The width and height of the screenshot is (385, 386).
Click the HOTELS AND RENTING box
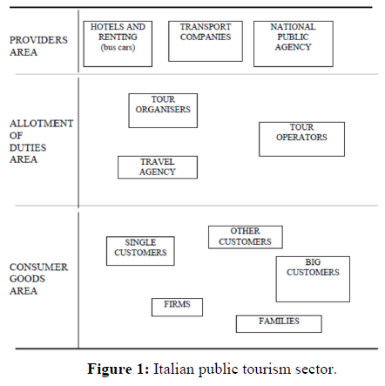click(x=118, y=44)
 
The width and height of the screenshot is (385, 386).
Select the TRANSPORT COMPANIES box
click(x=206, y=41)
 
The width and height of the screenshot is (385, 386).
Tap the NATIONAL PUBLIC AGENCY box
click(x=294, y=44)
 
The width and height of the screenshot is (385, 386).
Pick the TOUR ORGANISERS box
click(x=163, y=111)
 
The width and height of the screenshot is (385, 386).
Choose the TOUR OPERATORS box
click(x=301, y=139)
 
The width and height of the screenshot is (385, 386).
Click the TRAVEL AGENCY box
click(x=158, y=167)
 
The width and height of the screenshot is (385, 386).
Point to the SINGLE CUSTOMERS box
click(x=140, y=251)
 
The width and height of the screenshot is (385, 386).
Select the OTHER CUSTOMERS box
click(x=246, y=237)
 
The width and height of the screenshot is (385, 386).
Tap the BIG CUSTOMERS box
click(x=313, y=279)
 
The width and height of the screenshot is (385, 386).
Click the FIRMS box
click(x=177, y=308)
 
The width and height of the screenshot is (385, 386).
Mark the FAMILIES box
click(x=279, y=324)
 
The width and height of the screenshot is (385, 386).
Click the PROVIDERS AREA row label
click(x=38, y=46)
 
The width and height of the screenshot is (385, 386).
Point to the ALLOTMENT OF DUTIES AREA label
click(x=41, y=141)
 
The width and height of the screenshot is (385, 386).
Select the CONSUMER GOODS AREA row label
click(x=38, y=279)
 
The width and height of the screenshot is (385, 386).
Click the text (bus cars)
click(x=118, y=47)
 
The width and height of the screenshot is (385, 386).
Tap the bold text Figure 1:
click(x=118, y=369)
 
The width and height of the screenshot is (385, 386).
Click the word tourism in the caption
click(x=267, y=369)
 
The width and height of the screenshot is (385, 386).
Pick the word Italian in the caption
click(x=173, y=369)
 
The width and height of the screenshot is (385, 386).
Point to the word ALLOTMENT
click(x=41, y=124)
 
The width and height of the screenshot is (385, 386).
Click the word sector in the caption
click(x=316, y=369)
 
